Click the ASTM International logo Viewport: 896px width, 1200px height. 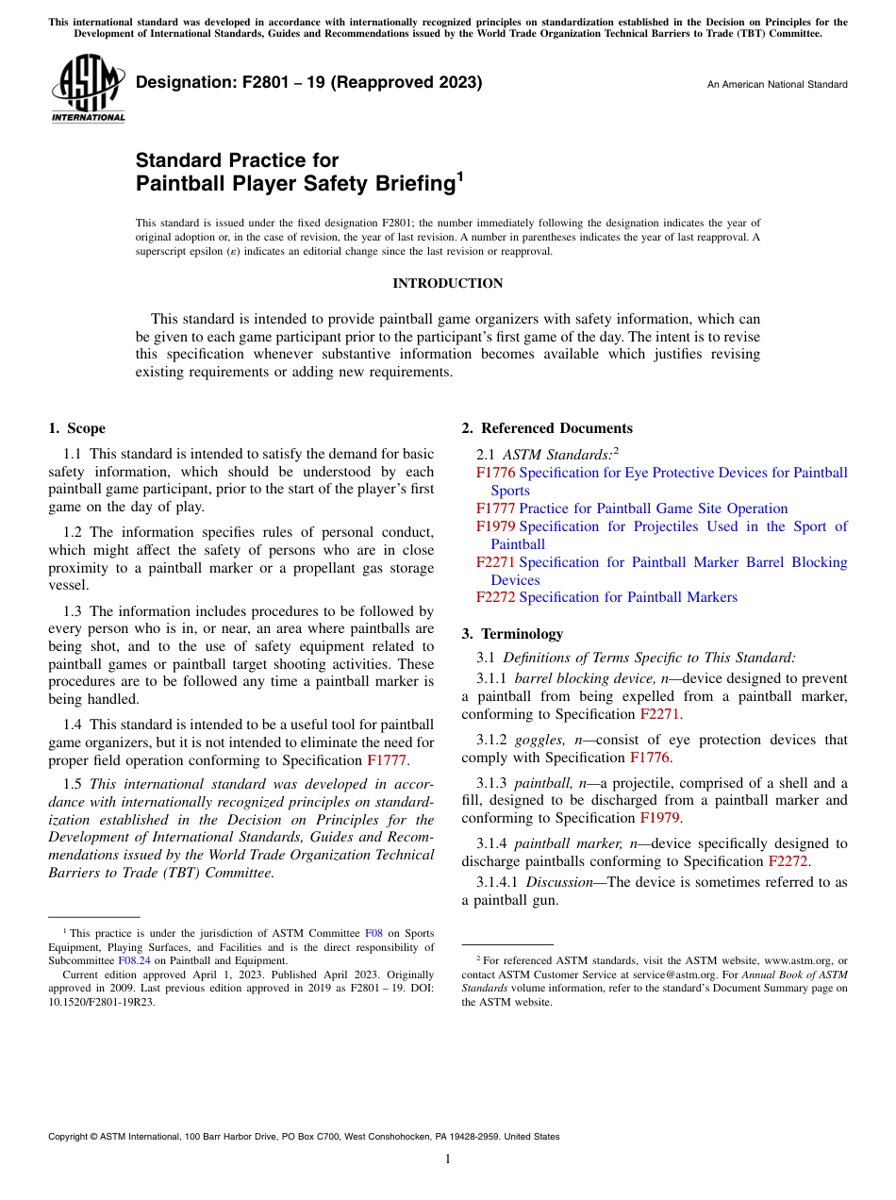88,88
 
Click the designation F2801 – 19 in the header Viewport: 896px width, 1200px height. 308,82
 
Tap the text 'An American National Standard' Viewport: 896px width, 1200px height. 776,85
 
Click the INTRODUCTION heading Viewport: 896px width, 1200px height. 447,283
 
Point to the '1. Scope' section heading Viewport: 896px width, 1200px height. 76,428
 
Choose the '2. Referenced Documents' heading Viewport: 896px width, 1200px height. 547,428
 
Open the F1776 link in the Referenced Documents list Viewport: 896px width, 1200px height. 495,473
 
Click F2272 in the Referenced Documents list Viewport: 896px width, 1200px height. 495,597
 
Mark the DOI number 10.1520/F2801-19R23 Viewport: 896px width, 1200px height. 101,1003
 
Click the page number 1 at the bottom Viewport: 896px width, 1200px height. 448,1159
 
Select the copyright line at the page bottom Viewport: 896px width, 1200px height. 304,1137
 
